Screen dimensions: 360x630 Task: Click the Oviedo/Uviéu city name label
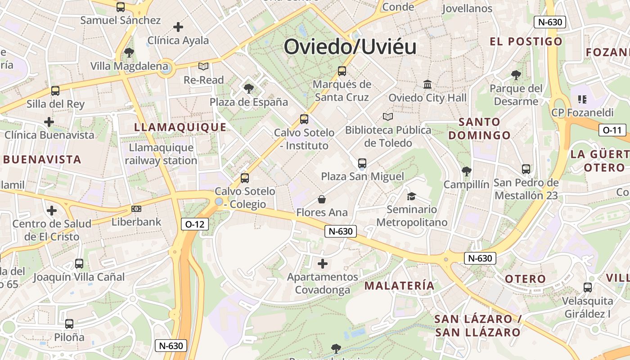[x=350, y=47]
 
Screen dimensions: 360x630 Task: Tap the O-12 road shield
[x=195, y=224]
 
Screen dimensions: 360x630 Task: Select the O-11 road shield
[x=612, y=130]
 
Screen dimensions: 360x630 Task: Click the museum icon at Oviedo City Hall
[x=427, y=84]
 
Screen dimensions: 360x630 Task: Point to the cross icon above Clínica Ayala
[x=178, y=27]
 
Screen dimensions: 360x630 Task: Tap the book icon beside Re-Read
[x=203, y=67]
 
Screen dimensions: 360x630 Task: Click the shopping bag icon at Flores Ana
[x=322, y=199]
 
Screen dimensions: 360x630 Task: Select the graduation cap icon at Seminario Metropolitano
[x=411, y=196]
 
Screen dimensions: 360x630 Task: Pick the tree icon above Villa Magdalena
[x=129, y=53]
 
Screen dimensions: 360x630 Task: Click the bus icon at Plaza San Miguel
[x=362, y=163]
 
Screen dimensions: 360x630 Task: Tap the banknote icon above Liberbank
[x=136, y=209]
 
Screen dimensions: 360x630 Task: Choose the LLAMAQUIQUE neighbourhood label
[x=180, y=127]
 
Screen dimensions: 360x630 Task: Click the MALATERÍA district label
[x=400, y=285]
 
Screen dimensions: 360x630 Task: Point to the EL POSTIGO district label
[x=526, y=41]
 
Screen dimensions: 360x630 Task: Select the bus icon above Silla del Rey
[x=55, y=91]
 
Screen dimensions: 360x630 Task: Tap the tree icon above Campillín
[x=466, y=171]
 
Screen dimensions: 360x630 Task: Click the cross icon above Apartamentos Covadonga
[x=323, y=263]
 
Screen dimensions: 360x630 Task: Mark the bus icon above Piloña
[x=69, y=324]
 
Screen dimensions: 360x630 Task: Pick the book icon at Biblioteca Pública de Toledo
[x=388, y=117]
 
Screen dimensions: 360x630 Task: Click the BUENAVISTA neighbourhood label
[x=42, y=159]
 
